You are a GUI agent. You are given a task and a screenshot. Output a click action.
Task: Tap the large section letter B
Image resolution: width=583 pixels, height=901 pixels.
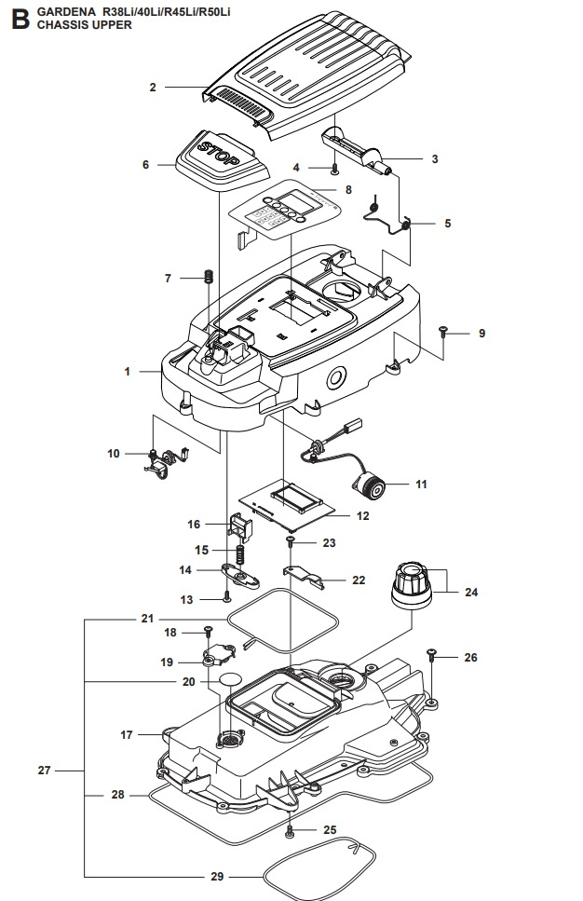coord(16,18)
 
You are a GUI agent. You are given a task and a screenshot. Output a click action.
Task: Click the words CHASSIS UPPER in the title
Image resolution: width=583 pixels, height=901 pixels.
coord(84,26)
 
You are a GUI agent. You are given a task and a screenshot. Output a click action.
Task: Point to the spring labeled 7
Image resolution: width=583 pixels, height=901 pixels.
coord(210,278)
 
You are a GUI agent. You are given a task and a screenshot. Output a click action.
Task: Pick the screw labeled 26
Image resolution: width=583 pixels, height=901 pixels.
coord(432,655)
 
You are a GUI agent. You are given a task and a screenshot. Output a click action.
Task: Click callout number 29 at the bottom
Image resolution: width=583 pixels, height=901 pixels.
coord(216,877)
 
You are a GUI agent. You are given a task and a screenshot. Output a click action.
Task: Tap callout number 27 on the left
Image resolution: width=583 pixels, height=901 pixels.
coord(45,771)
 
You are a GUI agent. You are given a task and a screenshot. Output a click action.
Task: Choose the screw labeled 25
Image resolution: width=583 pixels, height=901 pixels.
coord(291,828)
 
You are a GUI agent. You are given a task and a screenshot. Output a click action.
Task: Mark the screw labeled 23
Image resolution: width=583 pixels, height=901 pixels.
coord(291,540)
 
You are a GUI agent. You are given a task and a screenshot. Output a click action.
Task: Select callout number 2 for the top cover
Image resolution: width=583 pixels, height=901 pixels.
coord(152,88)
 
